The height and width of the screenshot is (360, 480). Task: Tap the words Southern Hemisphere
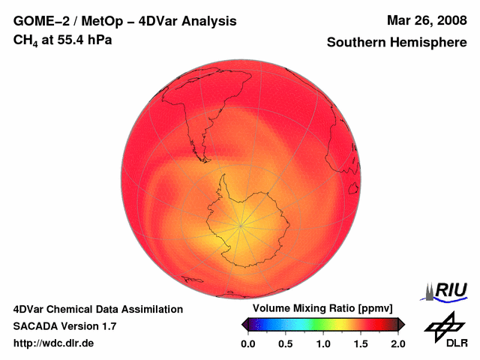pyautogui.click(x=397, y=43)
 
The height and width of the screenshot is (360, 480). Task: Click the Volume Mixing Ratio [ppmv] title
pyautogui.click(x=322, y=309)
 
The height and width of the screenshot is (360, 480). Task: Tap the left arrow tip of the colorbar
pyautogui.click(x=242, y=324)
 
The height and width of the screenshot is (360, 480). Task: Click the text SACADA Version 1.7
pyautogui.click(x=64, y=326)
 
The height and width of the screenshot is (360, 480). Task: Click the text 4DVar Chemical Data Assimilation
pyautogui.click(x=98, y=309)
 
